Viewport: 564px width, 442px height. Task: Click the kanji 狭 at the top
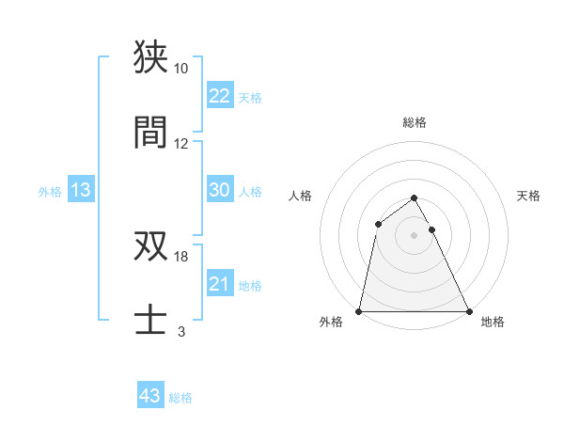pos(151,56)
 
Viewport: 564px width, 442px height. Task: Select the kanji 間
pos(151,132)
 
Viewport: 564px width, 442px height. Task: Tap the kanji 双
pos(151,245)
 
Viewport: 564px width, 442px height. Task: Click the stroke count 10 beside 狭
pos(180,69)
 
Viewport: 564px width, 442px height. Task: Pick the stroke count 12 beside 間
pos(180,144)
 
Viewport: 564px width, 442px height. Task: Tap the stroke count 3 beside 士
pos(180,332)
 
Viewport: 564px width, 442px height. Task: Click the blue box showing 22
pos(219,96)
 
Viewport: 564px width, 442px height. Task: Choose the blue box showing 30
pos(219,190)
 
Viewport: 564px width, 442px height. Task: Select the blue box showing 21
pos(219,284)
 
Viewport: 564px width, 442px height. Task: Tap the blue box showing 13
pos(81,190)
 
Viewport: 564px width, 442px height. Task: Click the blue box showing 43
pos(150,396)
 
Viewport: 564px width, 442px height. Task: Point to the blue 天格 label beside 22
pos(250,97)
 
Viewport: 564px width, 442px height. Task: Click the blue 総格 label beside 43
pos(180,398)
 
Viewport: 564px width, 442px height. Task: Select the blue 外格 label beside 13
pos(50,191)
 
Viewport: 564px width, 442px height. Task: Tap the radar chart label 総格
pos(415,123)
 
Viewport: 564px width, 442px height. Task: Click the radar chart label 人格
pos(302,196)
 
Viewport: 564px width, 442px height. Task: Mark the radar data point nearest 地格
pos(468,310)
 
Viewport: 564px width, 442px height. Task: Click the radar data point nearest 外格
pos(360,310)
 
